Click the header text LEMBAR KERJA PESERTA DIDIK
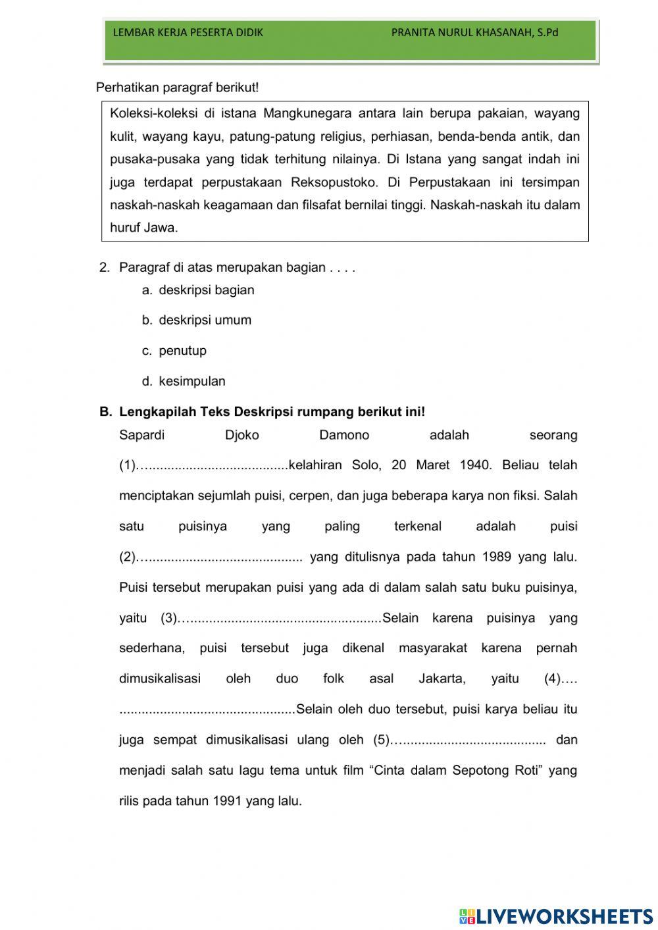pos(188,32)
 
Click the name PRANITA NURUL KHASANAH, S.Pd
pos(474,32)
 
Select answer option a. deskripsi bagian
pos(206,290)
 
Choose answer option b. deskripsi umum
pos(205,321)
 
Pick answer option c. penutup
pos(182,351)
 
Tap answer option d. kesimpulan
pos(191,381)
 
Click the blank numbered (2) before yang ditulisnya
pos(220,557)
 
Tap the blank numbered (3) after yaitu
pos(280,619)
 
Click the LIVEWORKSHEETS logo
pos(556,916)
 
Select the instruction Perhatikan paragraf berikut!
pos(178,87)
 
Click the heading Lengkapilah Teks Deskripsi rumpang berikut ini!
pos(272,412)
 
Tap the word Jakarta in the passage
pos(442,679)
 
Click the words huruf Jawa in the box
pos(144,228)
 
